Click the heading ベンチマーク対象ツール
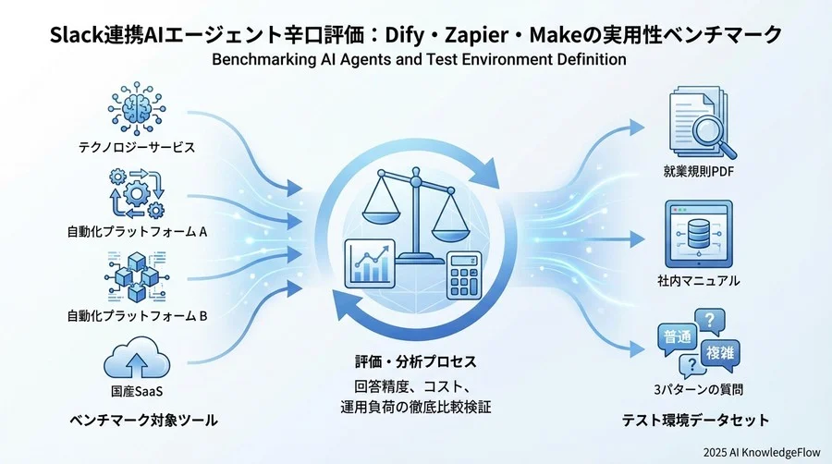143,421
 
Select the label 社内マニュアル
698,280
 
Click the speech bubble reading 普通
676,338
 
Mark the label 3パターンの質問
698,390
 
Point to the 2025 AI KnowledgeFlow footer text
761,452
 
